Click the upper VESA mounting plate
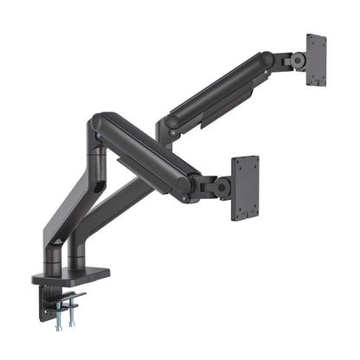(316, 61)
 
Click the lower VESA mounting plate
(245, 188)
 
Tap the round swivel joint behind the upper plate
(297, 61)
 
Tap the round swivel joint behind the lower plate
(222, 185)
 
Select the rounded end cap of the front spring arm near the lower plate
(184, 183)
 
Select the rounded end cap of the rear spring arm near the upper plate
(263, 61)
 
